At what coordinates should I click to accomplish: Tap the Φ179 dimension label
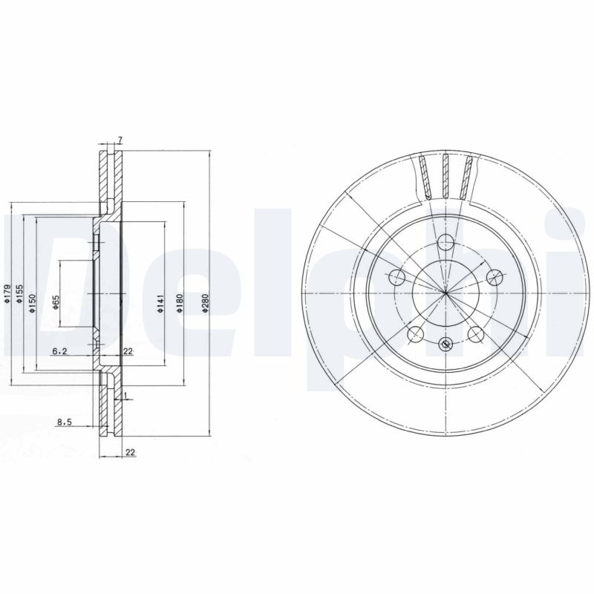tap(7, 296)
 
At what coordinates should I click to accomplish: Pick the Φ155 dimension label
tap(20, 296)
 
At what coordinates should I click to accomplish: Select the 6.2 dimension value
tap(60, 351)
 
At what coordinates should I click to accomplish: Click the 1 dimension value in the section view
tap(127, 394)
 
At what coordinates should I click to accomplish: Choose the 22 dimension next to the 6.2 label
tap(128, 351)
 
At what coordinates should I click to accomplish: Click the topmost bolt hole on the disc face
tap(445, 241)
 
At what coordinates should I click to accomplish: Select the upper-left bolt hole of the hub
tap(396, 278)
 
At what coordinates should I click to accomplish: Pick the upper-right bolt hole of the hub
tap(493, 277)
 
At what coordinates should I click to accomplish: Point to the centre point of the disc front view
tap(445, 295)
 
